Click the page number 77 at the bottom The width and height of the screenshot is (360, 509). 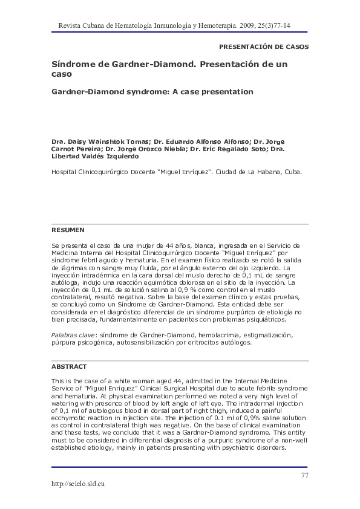tap(304, 475)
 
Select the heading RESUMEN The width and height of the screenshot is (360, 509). tap(68, 230)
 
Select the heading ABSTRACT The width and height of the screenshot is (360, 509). tap(69, 366)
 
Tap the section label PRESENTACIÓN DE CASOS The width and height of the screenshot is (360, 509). tap(263, 47)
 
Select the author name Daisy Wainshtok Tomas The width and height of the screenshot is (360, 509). tap(103, 141)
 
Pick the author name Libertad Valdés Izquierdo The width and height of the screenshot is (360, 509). tap(103, 156)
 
